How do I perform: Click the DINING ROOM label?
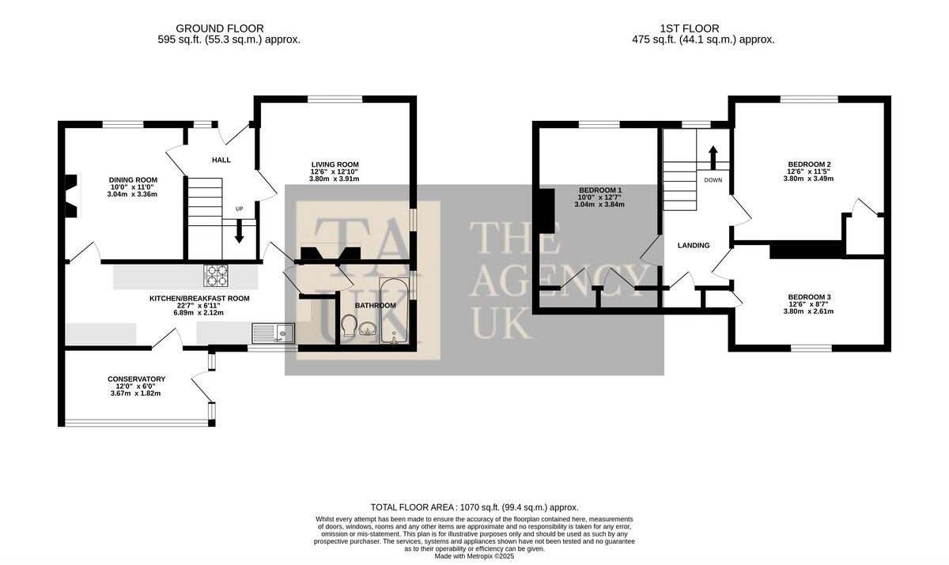coord(133,180)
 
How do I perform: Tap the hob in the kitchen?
coord(216,276)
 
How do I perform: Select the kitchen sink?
coord(274,333)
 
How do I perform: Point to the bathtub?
coord(394,311)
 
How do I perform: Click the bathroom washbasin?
coord(369,329)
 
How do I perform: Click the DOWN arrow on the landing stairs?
coord(713,158)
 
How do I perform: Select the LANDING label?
coord(694,246)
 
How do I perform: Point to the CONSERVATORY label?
coord(136,379)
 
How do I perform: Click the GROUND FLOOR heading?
coord(220,28)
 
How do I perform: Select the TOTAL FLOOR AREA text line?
coord(475,507)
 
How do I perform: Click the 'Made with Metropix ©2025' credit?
coord(475,556)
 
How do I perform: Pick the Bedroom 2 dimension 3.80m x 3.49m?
coord(809,179)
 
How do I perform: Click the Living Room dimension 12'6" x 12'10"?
coord(335,171)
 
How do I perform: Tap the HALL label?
coord(221,160)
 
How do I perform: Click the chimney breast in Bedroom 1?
coord(546,211)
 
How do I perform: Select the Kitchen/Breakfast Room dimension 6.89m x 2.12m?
coord(199,313)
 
